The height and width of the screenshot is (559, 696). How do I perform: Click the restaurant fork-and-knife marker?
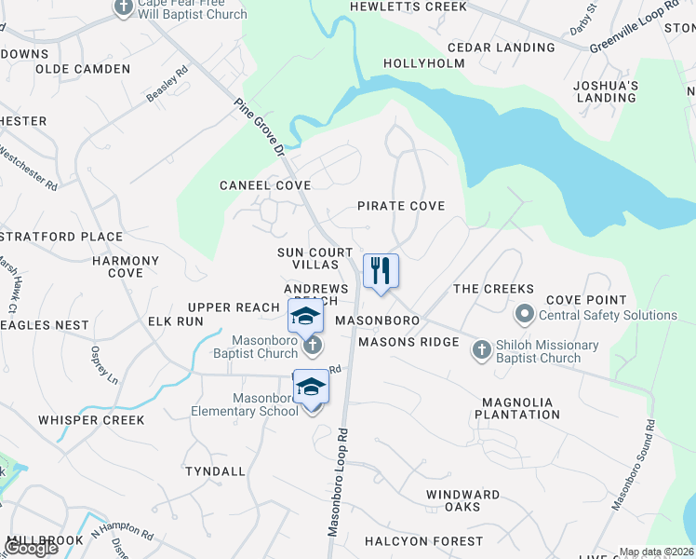tap(381, 271)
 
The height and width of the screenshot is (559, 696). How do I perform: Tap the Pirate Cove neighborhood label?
tap(401, 206)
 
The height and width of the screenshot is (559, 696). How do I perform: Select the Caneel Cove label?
tap(265, 185)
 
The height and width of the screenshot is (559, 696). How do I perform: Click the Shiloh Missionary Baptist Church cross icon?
tap(481, 349)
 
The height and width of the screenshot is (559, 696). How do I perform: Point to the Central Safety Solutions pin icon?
tap(524, 313)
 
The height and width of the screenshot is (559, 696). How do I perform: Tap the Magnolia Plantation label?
tap(517, 408)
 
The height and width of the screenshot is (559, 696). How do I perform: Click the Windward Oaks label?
tap(462, 500)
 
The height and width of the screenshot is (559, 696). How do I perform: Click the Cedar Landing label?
tap(501, 48)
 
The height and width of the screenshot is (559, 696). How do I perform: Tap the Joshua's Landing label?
tap(607, 91)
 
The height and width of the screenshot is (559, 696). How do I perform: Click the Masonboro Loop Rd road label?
tap(338, 482)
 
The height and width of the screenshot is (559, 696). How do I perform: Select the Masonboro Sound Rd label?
tap(633, 465)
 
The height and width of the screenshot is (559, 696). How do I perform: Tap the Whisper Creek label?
tap(91, 420)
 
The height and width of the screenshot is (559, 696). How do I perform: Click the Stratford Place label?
tap(61, 238)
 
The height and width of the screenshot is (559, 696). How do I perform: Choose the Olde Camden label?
tap(84, 70)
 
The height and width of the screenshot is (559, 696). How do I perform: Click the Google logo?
tap(31, 548)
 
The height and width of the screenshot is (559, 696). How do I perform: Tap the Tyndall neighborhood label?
tap(215, 472)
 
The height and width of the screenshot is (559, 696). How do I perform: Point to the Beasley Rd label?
tap(167, 83)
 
